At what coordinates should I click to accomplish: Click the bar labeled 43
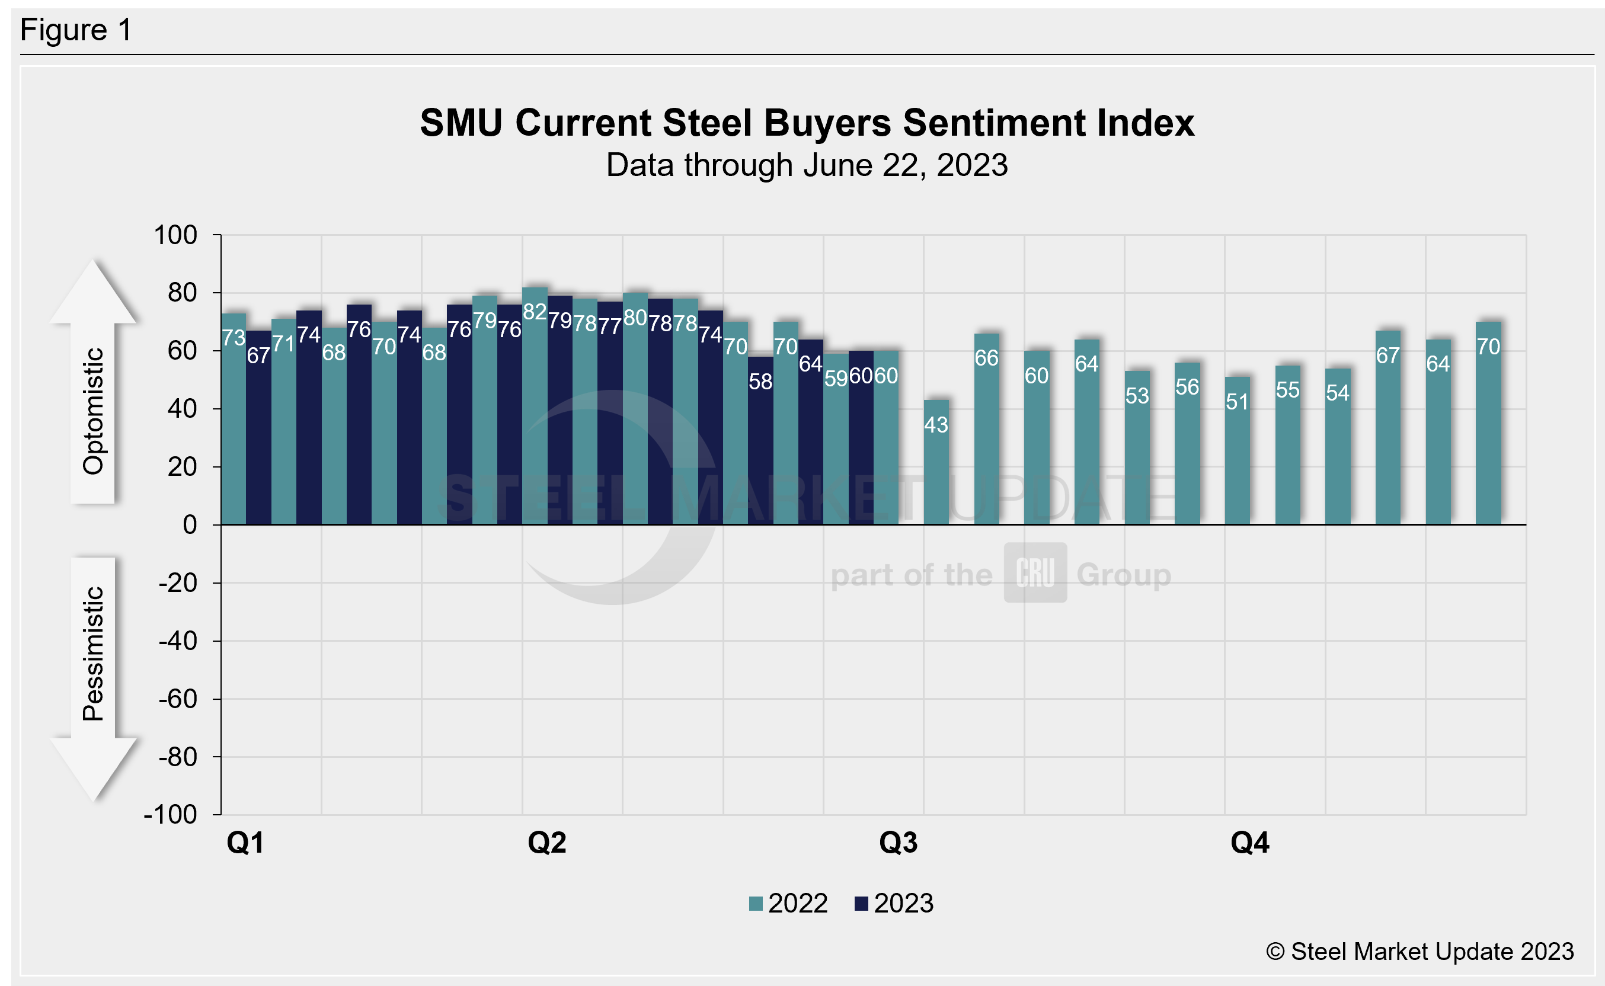(936, 463)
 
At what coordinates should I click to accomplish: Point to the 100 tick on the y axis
(175, 235)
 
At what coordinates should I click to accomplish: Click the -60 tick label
(177, 699)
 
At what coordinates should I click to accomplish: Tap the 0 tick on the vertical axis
(190, 525)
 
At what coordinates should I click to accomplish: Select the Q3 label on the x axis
(898, 843)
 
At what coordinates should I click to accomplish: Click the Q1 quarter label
(245, 843)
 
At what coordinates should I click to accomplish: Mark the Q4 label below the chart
(1249, 843)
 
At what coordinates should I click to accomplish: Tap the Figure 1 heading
(76, 30)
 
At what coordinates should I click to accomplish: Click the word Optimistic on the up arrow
(93, 411)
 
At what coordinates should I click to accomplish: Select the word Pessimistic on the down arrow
(93, 654)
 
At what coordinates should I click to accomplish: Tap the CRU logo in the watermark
(1035, 572)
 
